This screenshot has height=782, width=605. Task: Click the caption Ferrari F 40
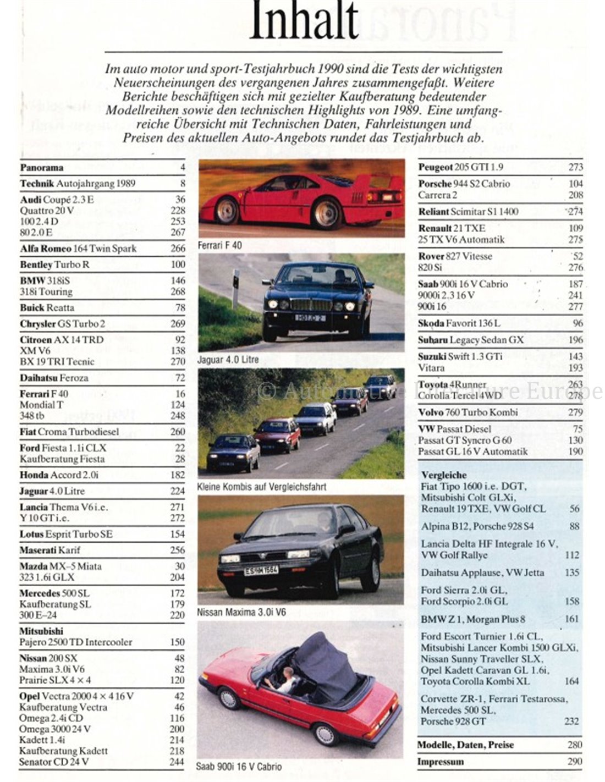click(219, 244)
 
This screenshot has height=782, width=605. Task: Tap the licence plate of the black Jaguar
click(311, 318)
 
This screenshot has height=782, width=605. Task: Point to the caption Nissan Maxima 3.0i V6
click(241, 612)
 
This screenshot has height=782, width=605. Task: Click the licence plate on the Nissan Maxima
click(262, 570)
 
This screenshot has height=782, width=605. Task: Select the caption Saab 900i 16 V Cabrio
click(239, 766)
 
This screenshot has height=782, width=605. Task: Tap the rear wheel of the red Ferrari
click(327, 213)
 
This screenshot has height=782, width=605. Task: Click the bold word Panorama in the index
click(42, 168)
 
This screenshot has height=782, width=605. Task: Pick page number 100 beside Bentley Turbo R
click(178, 265)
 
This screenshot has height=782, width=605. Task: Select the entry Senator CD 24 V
click(54, 762)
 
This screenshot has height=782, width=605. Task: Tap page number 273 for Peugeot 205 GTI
click(576, 167)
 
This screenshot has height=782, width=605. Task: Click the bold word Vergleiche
click(444, 475)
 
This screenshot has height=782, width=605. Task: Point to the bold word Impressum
click(440, 762)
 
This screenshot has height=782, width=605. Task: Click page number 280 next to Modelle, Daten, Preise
click(574, 745)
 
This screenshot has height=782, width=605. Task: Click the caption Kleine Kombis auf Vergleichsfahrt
click(261, 487)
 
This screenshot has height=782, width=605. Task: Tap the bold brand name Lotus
click(31, 534)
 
